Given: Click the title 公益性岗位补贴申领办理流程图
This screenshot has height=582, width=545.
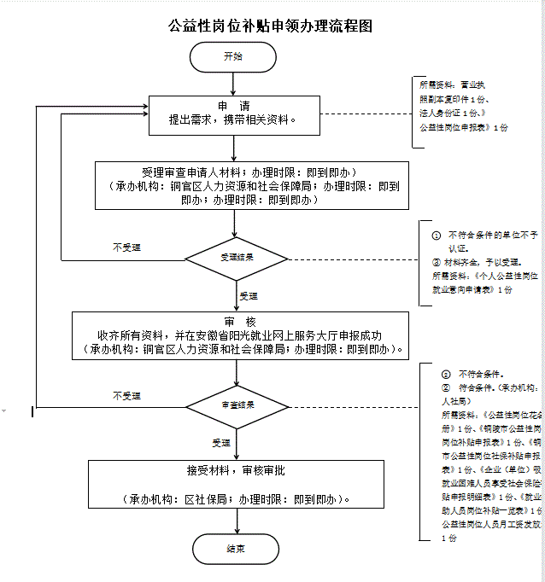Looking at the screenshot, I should tap(271, 26).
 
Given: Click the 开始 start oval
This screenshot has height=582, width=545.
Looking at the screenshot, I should tap(233, 56).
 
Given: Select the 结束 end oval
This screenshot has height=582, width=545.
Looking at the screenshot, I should tap(235, 548).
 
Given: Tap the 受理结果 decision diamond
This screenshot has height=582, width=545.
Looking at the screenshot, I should tap(237, 256).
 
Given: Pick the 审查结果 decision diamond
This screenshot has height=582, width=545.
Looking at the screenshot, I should tap(237, 404).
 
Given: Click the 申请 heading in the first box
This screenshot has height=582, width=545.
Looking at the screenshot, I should tap(233, 106).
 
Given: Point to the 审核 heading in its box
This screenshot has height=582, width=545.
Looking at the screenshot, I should tap(238, 322).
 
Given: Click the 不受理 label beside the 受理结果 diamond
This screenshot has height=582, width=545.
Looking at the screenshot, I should tap(126, 247).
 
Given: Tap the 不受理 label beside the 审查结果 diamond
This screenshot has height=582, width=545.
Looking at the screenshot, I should tap(126, 396).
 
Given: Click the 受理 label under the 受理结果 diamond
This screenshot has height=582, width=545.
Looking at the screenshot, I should tap(248, 296).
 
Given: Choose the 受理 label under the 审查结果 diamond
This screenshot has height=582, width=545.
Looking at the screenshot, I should tap(221, 443).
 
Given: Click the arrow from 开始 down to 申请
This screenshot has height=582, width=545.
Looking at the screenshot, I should tap(233, 84).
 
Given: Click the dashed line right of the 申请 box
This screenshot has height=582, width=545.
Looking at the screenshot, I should tap(366, 114).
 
